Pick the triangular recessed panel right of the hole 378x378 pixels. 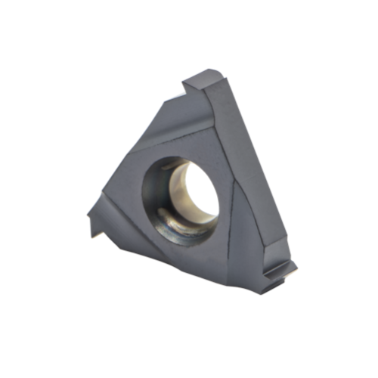pos(238,204)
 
